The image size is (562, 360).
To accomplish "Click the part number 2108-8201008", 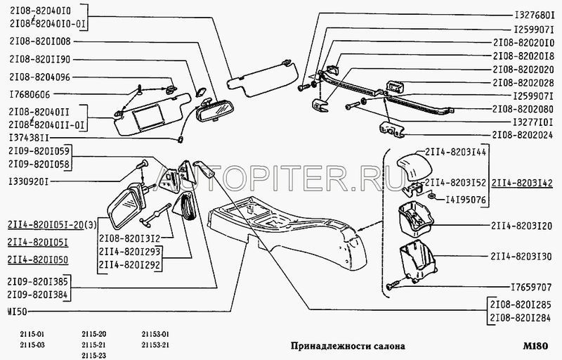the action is (40, 41).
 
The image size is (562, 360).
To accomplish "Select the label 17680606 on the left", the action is (30, 95).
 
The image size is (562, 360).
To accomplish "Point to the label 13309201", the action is (28, 182).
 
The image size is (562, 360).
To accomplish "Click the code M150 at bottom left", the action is (17, 311).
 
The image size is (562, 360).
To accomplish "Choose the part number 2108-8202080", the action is (523, 109).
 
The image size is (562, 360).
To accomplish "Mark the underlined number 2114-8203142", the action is (522, 183).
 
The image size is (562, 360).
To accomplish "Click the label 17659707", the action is (531, 287).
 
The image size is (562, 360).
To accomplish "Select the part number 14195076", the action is (466, 200).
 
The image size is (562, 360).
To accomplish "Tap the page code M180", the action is (535, 346).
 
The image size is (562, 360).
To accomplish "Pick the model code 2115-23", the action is (94, 356).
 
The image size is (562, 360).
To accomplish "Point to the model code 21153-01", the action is (155, 334).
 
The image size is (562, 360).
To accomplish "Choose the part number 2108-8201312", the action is (129, 238).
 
